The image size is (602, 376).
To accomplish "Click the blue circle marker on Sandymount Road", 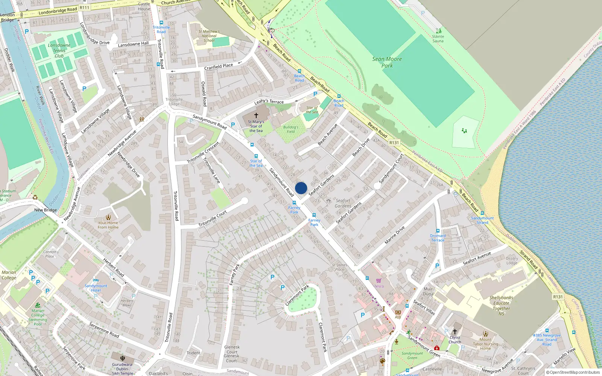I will coord(301,188).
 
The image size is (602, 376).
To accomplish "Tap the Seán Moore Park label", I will coord(387,62).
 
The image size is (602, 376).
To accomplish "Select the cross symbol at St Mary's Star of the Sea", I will coord(256,115).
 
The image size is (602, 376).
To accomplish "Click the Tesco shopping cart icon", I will coord(379,280).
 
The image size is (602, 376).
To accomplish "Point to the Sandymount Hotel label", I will coord(96,288).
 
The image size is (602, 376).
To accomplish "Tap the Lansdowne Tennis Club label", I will coord(59,50).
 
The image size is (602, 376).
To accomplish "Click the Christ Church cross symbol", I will coord(455,332).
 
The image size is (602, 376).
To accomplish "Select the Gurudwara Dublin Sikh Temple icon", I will coord(122,358).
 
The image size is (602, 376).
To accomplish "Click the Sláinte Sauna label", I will coord(438,39).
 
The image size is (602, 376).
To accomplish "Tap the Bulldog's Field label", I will coord(291,129).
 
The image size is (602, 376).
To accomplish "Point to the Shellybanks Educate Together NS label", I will coord(501,305).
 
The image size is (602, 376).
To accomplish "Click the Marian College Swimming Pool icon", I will coord(38,305).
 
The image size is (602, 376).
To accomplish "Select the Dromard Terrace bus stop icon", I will coord(438,231).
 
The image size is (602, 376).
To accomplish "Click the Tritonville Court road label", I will coord(213,219).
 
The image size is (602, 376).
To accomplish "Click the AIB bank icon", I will coord(398,312).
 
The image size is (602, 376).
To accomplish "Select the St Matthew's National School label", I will coord(209,36).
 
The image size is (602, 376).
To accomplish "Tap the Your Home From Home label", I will coord(108,225).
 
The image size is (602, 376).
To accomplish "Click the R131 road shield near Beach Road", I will coord(394,143).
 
